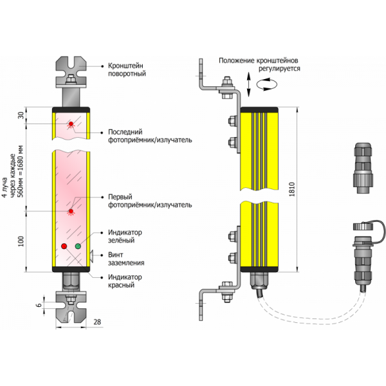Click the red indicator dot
63,246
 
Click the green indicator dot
78,246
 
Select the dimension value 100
22,241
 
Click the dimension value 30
21,116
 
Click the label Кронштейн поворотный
127,69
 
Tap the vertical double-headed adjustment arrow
248,84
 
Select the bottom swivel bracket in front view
71,307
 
